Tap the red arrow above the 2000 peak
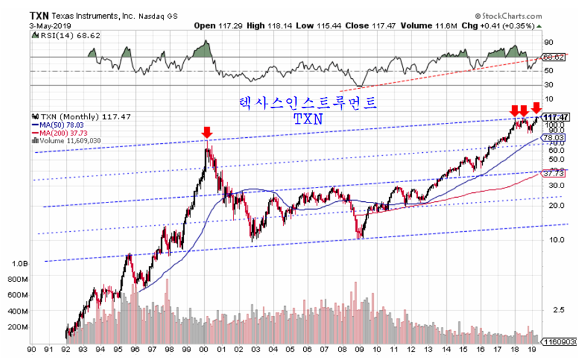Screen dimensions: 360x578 [x=207, y=132]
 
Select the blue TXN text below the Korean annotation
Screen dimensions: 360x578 [x=308, y=119]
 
